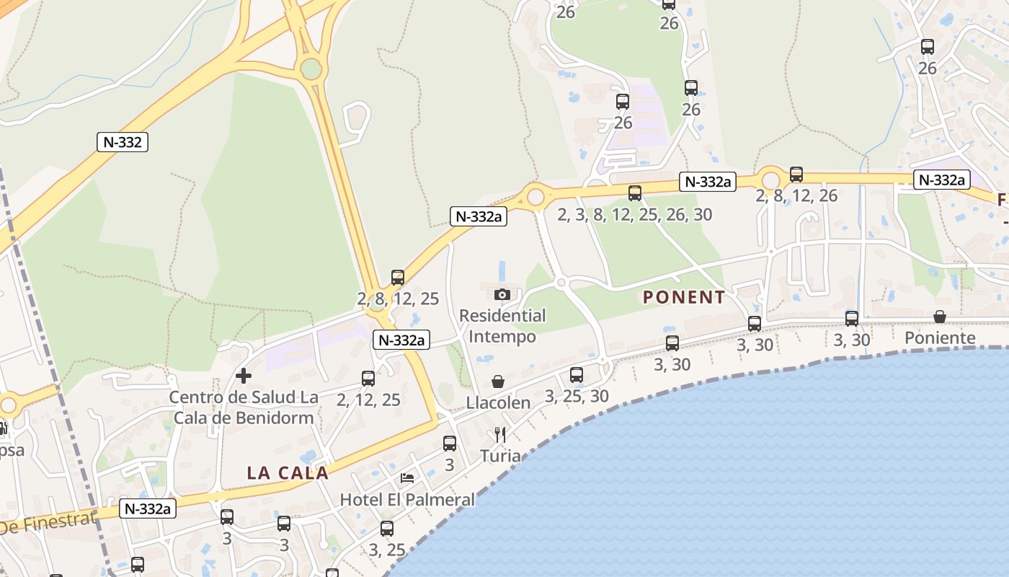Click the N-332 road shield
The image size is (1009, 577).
[123, 142]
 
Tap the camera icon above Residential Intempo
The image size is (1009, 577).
[502, 294]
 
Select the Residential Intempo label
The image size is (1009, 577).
[502, 326]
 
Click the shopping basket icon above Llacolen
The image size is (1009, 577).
[498, 382]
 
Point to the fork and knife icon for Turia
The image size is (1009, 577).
[500, 434]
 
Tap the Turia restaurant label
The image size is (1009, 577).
[500, 456]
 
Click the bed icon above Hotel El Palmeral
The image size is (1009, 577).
[407, 478]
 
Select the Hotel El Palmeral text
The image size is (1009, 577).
[407, 499]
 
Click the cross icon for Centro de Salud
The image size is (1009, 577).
[244, 376]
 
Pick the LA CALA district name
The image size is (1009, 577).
[288, 473]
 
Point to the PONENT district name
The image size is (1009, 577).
[684, 297]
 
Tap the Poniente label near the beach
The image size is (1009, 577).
[940, 338]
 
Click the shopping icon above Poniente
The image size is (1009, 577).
[940, 317]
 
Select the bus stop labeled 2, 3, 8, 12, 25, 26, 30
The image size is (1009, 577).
[635, 193]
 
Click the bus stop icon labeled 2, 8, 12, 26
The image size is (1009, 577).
[796, 175]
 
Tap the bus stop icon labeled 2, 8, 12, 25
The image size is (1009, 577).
[398, 278]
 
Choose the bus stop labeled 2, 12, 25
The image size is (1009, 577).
[368, 379]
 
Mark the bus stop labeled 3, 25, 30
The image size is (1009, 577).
[577, 375]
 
